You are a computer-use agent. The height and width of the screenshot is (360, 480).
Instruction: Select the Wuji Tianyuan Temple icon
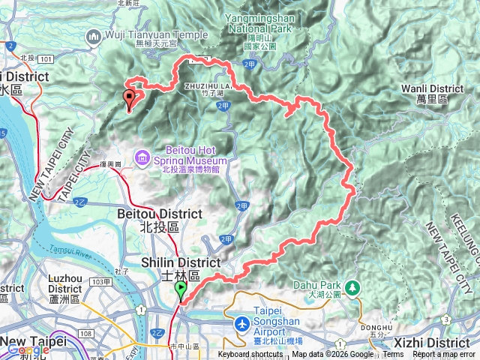coord(94,35)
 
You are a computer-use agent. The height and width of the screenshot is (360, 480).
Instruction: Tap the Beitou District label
coord(148,214)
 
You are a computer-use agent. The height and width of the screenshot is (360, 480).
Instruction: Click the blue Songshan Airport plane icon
coord(242,324)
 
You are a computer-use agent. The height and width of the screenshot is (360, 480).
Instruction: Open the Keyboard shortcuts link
coord(251,355)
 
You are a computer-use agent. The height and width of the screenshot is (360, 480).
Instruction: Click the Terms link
coord(393,355)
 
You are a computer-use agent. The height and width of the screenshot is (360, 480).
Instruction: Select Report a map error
coord(445,355)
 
